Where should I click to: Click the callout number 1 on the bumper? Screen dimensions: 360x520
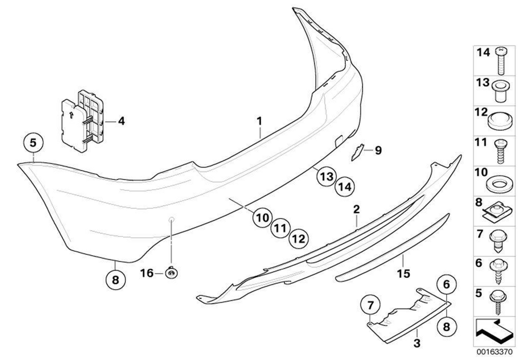(258, 122)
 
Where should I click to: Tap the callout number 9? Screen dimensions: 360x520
(378, 151)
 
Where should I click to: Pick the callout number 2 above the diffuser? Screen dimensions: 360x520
(356, 210)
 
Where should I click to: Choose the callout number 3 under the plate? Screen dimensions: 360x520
(417, 343)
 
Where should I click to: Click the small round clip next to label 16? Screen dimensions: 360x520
(171, 272)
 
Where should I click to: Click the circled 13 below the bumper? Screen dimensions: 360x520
(326, 177)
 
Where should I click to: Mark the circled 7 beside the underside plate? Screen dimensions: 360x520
(370, 303)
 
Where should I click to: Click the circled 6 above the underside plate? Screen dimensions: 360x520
(446, 284)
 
